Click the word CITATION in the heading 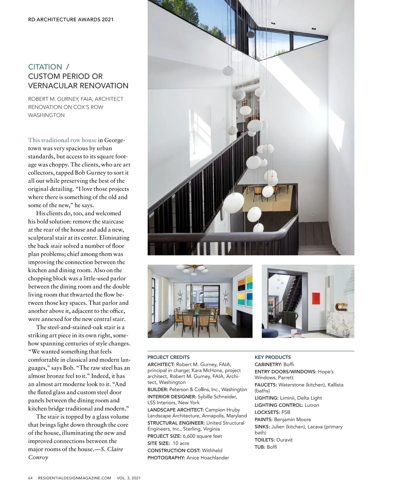[x=45, y=67]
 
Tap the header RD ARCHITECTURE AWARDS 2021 [x=71, y=20]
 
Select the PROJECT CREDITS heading [x=168, y=357]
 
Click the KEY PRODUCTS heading [x=272, y=357]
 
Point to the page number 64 [x=30, y=478]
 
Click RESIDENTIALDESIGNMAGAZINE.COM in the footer [x=75, y=478]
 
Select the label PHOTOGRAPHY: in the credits [x=166, y=458]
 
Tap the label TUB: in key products [x=260, y=447]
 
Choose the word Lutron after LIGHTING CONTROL [x=312, y=405]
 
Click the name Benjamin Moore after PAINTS [x=292, y=419]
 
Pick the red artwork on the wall [x=315, y=298]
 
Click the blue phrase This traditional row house [x=62, y=140]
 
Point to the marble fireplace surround [x=339, y=324]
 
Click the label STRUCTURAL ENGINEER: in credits [x=176, y=423]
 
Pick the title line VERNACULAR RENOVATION [x=78, y=85]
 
